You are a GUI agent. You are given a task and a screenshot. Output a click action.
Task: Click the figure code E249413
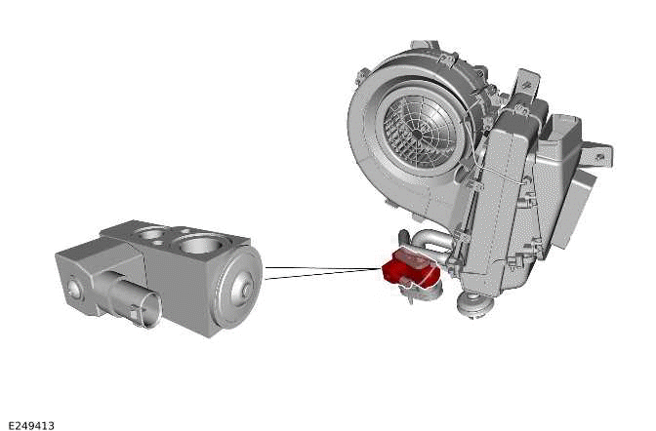pos(30,425)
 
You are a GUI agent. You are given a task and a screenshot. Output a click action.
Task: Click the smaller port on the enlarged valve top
pos(154,233)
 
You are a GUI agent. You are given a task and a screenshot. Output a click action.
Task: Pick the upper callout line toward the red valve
pos(322,267)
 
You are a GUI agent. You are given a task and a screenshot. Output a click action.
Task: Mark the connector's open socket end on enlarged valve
pos(147,313)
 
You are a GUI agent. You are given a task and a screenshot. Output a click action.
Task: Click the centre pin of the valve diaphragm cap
pos(245,289)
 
